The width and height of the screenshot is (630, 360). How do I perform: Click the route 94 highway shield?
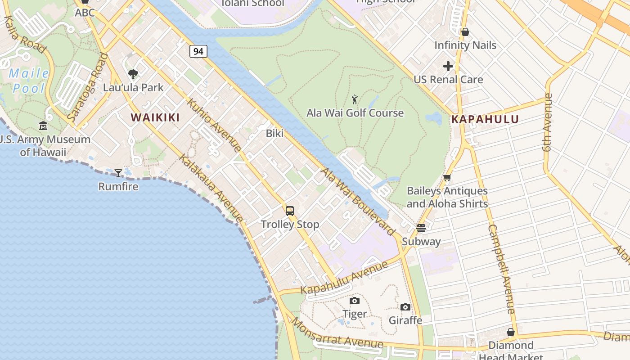point(198,51)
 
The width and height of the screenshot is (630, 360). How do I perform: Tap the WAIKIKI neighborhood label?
point(155,117)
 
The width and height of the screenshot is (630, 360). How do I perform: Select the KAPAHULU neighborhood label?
point(485,119)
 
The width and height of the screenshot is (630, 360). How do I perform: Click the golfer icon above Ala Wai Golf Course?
point(355,99)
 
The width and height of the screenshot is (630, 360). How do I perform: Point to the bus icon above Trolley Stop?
point(290,211)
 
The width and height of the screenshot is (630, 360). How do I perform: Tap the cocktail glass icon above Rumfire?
point(118,173)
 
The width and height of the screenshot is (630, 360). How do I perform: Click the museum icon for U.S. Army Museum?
point(43,126)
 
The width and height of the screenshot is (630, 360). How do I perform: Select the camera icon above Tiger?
point(355,301)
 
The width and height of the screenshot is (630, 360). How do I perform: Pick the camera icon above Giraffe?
point(405,307)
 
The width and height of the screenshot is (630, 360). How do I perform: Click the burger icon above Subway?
point(421,228)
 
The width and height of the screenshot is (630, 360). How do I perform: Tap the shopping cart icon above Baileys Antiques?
point(447,178)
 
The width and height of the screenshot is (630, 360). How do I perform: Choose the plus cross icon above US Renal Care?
point(448,66)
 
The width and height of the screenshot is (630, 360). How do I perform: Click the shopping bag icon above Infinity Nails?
point(465,32)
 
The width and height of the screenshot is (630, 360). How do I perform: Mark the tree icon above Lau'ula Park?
point(133,74)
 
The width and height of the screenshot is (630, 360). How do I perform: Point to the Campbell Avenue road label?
point(501,269)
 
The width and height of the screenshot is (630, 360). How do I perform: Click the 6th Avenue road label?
point(547,122)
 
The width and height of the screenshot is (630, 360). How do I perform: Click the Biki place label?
point(274,133)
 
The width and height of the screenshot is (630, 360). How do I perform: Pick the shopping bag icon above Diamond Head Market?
point(510,332)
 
